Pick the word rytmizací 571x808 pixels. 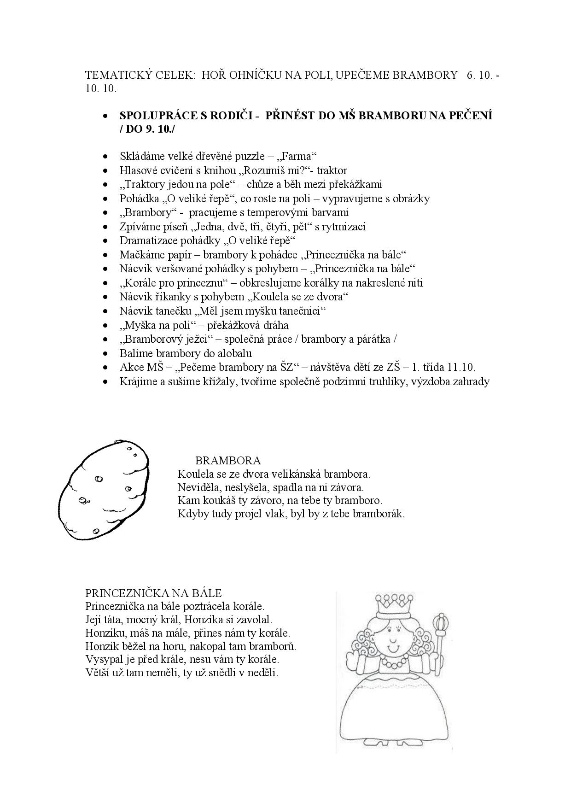pos(344,227)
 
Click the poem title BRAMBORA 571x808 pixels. pos(228,460)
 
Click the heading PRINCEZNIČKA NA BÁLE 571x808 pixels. pos(154,593)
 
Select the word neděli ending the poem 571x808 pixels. pos(264,673)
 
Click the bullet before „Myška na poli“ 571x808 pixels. pos(107,326)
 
